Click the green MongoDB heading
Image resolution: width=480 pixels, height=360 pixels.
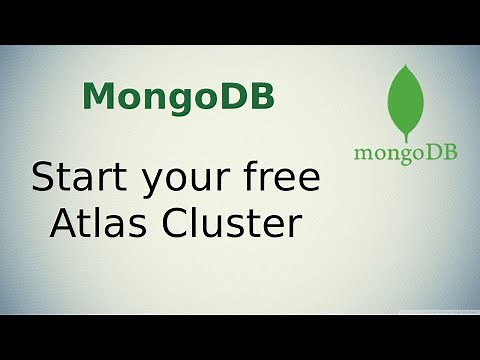(179, 97)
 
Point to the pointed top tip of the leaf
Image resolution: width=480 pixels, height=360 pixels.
(405, 64)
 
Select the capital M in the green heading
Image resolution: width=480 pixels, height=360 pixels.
(98, 97)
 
